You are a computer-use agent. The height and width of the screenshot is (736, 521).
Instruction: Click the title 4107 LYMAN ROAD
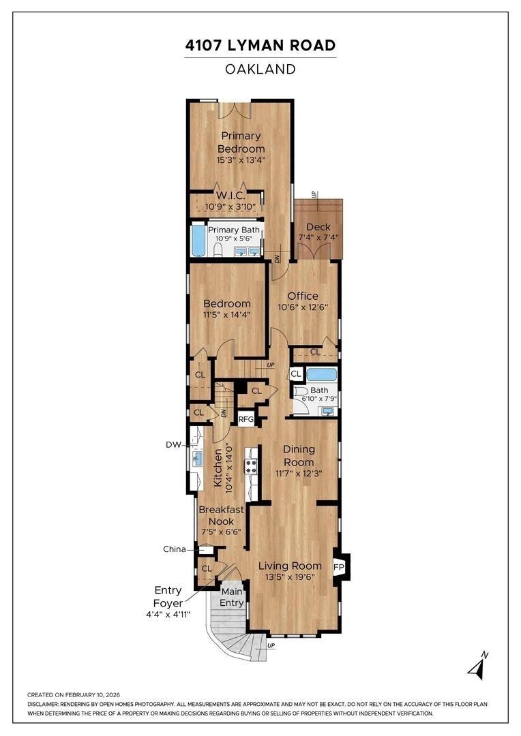coord(260,46)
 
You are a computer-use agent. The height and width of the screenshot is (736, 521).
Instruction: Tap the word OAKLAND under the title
coord(260,70)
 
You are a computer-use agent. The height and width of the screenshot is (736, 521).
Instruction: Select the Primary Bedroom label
coord(241,142)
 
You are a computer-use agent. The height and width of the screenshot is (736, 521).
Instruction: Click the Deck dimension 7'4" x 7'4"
coord(318,238)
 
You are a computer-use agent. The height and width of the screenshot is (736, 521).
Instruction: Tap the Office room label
coord(303,296)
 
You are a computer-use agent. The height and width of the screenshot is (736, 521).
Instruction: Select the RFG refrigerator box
coord(245,419)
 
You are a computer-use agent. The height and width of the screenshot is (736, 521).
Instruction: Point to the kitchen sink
coord(198,458)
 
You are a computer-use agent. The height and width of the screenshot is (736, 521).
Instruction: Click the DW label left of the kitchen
coord(173,444)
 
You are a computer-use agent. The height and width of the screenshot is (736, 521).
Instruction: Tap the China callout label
coord(175,549)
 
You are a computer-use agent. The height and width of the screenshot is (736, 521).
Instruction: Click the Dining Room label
coord(299,456)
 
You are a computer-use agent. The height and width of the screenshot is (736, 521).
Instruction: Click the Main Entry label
coord(232,598)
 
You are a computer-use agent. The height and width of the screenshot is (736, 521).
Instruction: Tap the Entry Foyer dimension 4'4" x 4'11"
coord(168,614)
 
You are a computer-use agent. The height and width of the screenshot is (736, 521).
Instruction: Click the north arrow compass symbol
coord(478,666)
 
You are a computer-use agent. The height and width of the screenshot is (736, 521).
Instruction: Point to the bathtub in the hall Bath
coord(322,375)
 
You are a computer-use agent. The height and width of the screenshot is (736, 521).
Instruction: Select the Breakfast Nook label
coord(221,515)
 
